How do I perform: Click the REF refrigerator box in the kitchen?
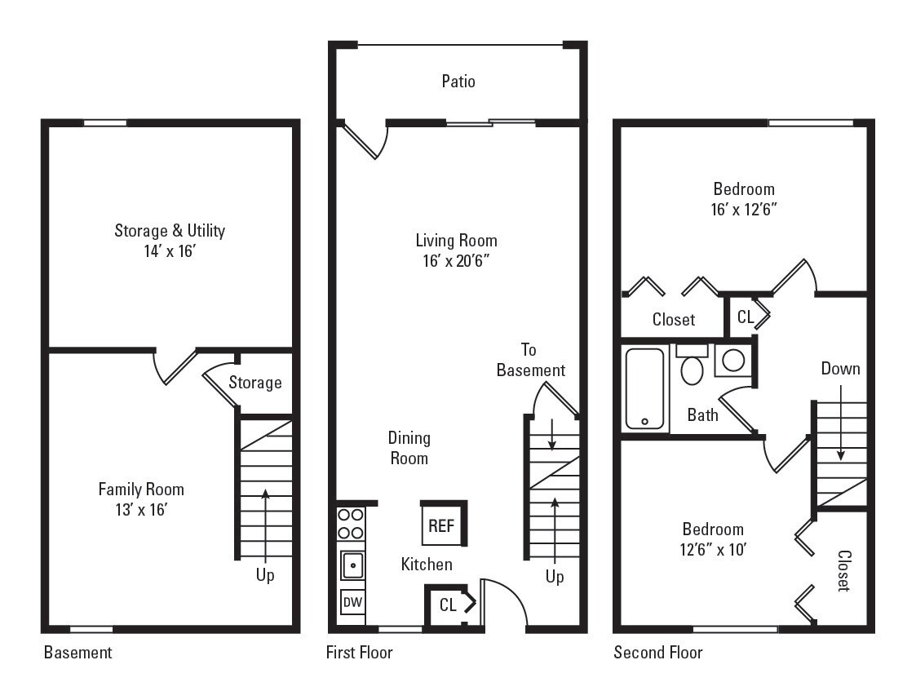pyautogui.click(x=441, y=525)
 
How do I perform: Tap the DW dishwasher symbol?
pyautogui.click(x=352, y=602)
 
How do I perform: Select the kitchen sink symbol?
pyautogui.click(x=352, y=564)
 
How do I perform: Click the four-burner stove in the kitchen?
pyautogui.click(x=352, y=524)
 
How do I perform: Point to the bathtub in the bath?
pyautogui.click(x=645, y=389)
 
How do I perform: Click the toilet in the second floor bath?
pyautogui.click(x=692, y=366)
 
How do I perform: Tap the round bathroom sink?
pyautogui.click(x=732, y=360)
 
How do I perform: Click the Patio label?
pyautogui.click(x=458, y=82)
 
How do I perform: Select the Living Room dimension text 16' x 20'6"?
pyautogui.click(x=456, y=261)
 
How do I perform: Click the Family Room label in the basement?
pyautogui.click(x=141, y=490)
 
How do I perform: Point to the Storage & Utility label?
pyautogui.click(x=170, y=230)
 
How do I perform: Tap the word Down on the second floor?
pyautogui.click(x=840, y=369)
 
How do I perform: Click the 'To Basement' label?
pyautogui.click(x=530, y=360)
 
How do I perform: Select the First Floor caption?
pyautogui.click(x=359, y=653)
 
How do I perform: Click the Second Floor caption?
pyautogui.click(x=658, y=653)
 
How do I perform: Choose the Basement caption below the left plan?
pyautogui.click(x=78, y=653)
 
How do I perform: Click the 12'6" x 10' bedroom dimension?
pyautogui.click(x=713, y=550)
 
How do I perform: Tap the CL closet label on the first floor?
pyautogui.click(x=448, y=605)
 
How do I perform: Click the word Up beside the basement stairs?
pyautogui.click(x=265, y=575)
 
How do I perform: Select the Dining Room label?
pyautogui.click(x=409, y=448)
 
